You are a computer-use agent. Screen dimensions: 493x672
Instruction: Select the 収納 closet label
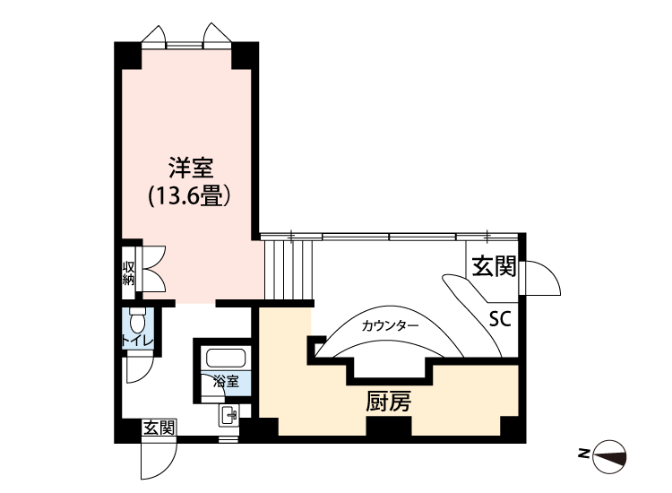tap(129, 272)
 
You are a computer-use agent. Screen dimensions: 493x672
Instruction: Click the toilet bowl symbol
tap(138, 320)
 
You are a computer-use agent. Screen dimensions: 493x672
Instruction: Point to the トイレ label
tap(137, 341)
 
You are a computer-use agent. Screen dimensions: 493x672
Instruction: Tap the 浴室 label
tap(226, 381)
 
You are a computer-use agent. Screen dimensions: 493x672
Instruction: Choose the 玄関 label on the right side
tap(494, 267)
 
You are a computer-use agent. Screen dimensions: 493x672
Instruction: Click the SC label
tap(500, 320)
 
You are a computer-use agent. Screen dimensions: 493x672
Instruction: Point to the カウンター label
tap(390, 325)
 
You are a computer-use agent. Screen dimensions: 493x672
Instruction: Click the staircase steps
tap(289, 268)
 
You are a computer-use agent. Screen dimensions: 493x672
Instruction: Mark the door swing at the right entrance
tap(542, 278)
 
